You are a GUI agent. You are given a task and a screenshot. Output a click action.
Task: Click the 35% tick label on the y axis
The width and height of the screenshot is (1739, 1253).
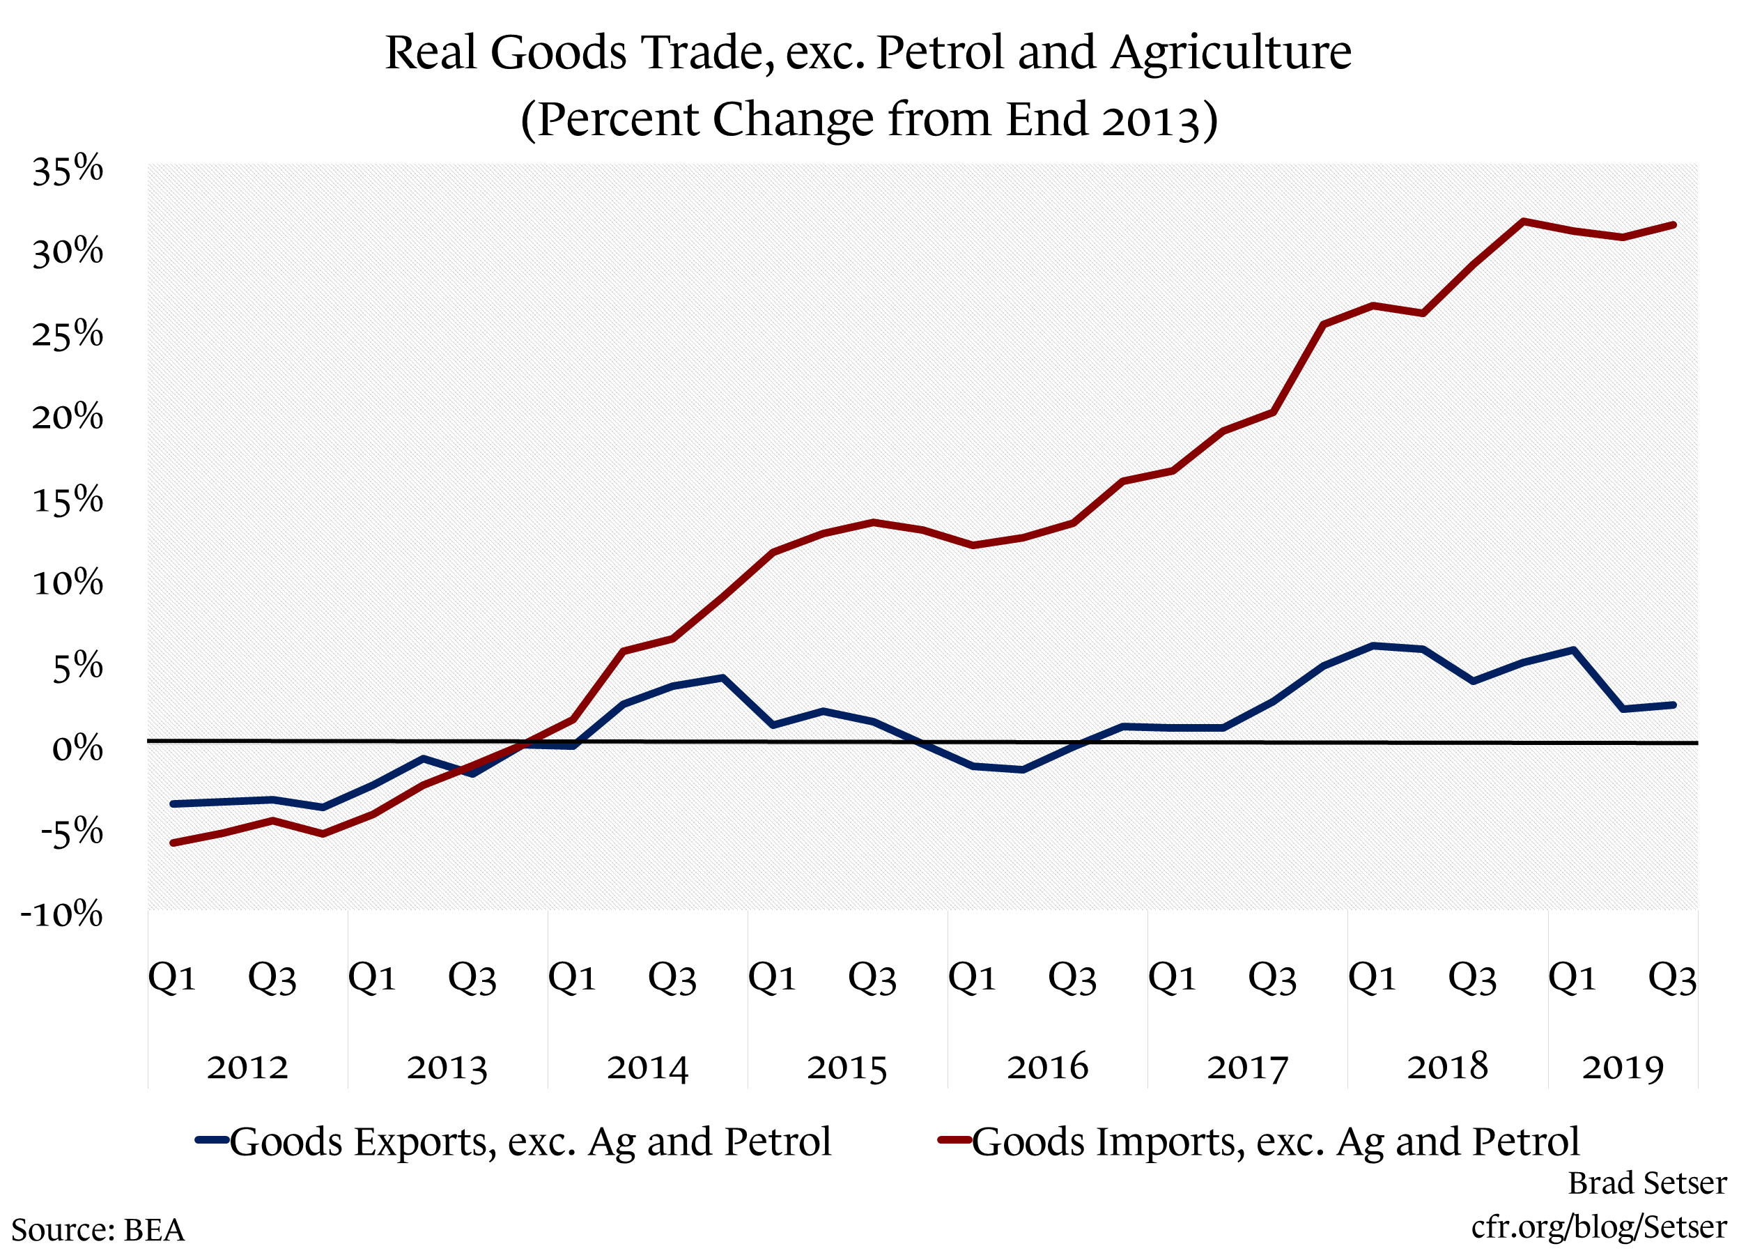(67, 169)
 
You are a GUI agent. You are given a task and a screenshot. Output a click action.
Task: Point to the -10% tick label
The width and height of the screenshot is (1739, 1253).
(61, 914)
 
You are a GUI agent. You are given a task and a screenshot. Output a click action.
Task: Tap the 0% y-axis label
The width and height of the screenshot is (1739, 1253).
(77, 748)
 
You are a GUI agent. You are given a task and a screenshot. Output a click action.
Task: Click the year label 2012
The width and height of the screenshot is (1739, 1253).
(247, 1067)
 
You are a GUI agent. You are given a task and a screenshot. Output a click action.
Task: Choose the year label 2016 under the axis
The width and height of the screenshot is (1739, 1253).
(1047, 1067)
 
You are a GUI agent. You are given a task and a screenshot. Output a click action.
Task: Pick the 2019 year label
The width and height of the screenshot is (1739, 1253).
(1623, 1067)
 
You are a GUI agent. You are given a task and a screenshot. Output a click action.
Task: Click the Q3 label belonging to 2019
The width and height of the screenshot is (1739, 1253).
(1672, 978)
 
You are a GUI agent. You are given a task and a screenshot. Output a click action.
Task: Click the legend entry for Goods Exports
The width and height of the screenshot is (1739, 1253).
(513, 1141)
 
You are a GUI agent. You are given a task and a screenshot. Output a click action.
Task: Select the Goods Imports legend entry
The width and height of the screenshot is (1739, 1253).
(1258, 1141)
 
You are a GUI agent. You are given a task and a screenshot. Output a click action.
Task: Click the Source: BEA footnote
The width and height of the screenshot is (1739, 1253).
(98, 1230)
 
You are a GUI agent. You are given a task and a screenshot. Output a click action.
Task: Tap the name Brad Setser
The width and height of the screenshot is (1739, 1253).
(1647, 1183)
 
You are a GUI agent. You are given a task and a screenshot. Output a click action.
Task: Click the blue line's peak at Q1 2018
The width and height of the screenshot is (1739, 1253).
(1373, 646)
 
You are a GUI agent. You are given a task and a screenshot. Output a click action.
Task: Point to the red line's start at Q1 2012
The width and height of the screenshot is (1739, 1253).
(173, 843)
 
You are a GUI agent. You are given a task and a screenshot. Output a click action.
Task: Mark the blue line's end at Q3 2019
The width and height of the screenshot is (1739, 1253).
(1673, 705)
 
